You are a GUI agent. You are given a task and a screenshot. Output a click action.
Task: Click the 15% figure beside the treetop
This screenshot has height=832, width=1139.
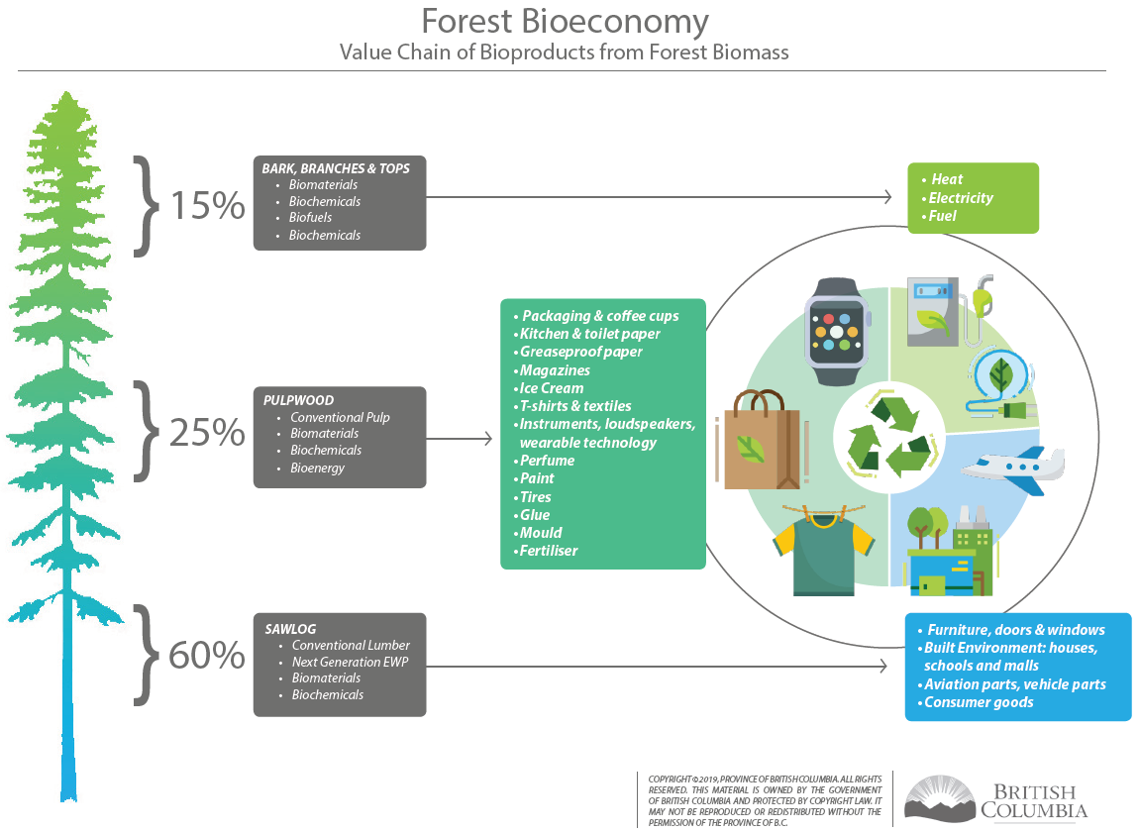pyautogui.click(x=208, y=206)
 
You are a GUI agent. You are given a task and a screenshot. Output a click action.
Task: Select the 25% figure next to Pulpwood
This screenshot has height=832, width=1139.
pyautogui.click(x=208, y=433)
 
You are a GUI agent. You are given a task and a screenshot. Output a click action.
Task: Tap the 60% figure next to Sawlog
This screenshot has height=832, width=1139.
pyautogui.click(x=207, y=656)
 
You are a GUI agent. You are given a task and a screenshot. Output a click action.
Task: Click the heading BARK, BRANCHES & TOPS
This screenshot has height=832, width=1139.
pyautogui.click(x=336, y=168)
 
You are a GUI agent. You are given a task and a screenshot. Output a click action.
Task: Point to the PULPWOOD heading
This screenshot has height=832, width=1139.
pyautogui.click(x=298, y=400)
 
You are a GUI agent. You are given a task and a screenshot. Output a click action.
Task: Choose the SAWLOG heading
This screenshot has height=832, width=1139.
pyautogui.click(x=290, y=629)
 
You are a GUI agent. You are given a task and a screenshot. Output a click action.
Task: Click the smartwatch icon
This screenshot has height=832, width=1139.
pyautogui.click(x=837, y=332)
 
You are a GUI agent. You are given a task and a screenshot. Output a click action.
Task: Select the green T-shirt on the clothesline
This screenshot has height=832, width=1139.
pyautogui.click(x=824, y=553)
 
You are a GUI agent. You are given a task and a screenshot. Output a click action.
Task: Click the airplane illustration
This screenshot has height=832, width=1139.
pyautogui.click(x=1013, y=467)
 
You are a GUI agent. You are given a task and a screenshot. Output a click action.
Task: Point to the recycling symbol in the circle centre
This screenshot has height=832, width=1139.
pyautogui.click(x=888, y=439)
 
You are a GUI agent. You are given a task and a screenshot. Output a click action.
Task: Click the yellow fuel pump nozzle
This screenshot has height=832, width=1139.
pyautogui.click(x=983, y=296)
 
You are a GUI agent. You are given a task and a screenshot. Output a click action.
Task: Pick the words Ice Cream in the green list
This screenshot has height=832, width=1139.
pyautogui.click(x=552, y=388)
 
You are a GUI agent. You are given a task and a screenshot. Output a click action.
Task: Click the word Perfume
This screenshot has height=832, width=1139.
pyautogui.click(x=547, y=461)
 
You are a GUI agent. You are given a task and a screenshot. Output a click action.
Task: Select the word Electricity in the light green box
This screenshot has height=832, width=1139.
pyautogui.click(x=961, y=198)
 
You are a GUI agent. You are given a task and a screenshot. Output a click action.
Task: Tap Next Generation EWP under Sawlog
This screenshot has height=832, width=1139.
pyautogui.click(x=351, y=662)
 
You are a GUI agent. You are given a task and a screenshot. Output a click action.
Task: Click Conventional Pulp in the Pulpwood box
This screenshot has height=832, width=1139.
pyautogui.click(x=340, y=418)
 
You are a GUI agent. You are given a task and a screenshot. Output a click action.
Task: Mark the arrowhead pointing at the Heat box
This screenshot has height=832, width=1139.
pyautogui.click(x=887, y=197)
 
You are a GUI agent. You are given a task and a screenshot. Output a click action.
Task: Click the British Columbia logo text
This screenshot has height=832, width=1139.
pyautogui.click(x=1034, y=800)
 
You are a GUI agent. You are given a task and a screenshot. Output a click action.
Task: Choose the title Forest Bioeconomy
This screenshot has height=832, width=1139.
pyautogui.click(x=566, y=22)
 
